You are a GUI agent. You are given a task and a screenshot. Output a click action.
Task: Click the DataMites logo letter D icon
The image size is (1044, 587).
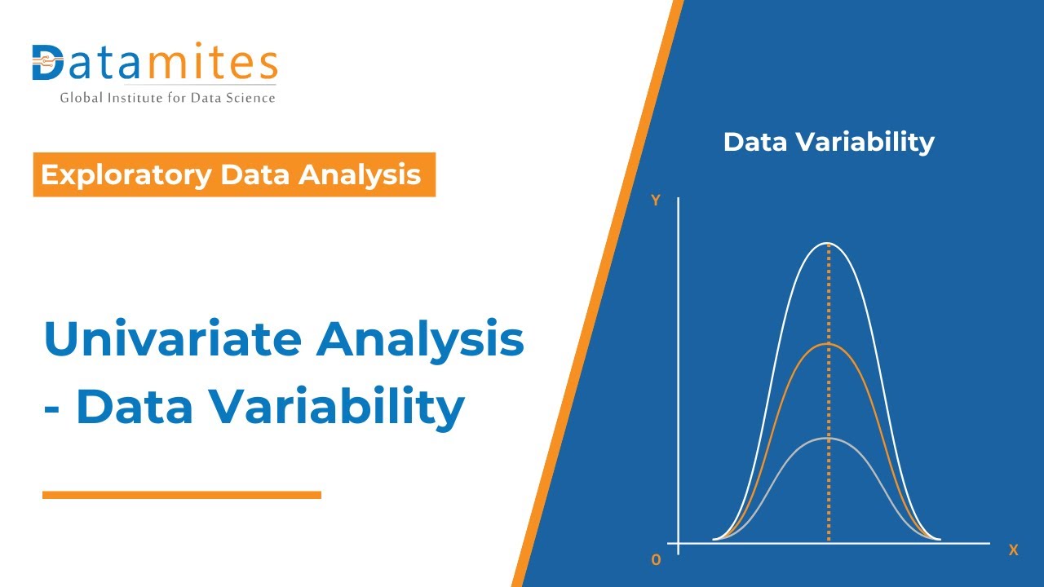pyautogui.click(x=47, y=63)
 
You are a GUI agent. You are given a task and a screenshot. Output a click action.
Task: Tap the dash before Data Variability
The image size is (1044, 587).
pyautogui.click(x=53, y=408)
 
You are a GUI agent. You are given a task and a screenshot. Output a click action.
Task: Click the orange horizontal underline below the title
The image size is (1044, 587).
pyautogui.click(x=181, y=494)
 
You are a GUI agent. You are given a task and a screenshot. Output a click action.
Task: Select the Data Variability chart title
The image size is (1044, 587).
pyautogui.click(x=828, y=142)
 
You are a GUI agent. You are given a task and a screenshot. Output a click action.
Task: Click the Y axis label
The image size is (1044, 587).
pyautogui.click(x=655, y=201)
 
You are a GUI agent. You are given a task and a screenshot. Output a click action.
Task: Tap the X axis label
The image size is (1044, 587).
pyautogui.click(x=1013, y=550)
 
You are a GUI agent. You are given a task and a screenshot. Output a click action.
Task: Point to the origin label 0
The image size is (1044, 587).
pyautogui.click(x=656, y=560)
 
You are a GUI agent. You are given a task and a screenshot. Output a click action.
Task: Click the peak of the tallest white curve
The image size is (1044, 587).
pyautogui.click(x=828, y=243)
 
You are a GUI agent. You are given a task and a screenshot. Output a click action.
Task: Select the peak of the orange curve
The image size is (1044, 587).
pyautogui.click(x=828, y=343)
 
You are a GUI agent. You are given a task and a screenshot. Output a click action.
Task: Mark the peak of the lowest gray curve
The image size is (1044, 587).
pyautogui.click(x=828, y=438)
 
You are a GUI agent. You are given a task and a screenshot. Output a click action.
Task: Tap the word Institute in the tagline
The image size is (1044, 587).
pyautogui.click(x=134, y=98)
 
